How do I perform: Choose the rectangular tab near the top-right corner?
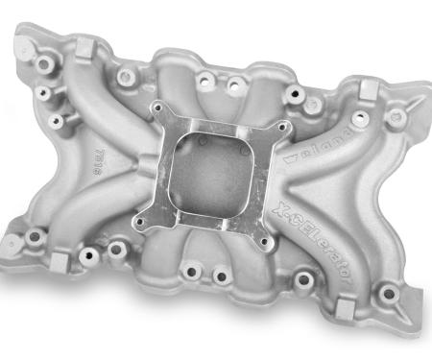click(x=367, y=92)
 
